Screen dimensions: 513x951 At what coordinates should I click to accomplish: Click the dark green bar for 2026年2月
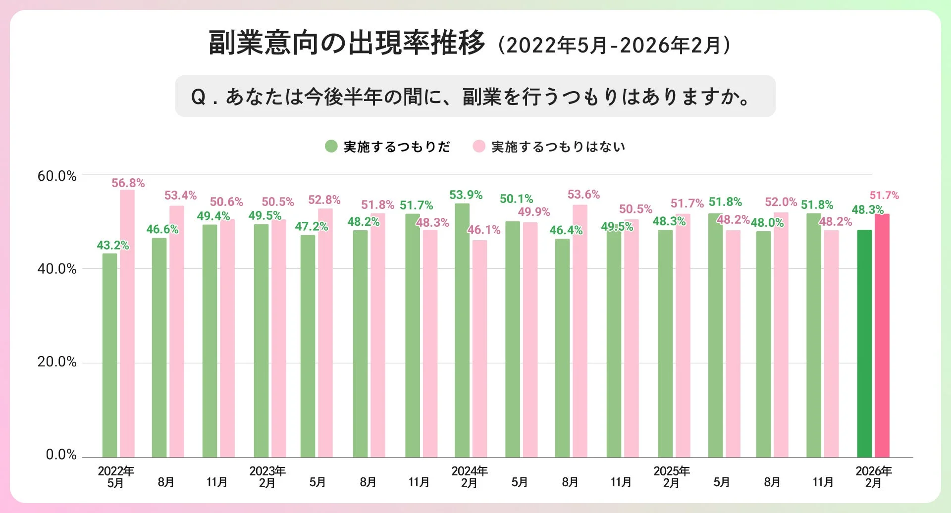click(864, 344)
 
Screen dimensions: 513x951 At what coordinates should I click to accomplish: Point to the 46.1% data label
click(484, 230)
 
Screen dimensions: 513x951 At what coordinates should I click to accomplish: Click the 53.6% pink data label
click(583, 195)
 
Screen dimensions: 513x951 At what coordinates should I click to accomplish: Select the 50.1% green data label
click(516, 199)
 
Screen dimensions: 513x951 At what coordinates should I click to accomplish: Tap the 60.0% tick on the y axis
click(57, 176)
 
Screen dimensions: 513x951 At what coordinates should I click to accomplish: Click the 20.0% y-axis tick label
click(57, 362)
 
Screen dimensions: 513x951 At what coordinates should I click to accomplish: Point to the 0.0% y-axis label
click(61, 455)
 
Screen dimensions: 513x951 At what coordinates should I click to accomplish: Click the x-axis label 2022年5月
click(116, 477)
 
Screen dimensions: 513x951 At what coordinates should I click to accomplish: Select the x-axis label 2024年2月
click(469, 477)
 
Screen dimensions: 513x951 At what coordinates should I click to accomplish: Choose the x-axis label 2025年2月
click(671, 477)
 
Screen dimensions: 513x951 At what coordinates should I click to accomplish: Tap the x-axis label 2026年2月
click(873, 477)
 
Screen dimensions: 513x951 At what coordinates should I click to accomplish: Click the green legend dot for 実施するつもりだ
click(331, 147)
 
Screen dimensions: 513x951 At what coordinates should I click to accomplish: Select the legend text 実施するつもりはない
click(558, 147)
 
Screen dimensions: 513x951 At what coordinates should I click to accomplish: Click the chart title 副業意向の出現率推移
click(347, 43)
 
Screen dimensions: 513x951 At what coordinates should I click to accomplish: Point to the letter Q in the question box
click(198, 97)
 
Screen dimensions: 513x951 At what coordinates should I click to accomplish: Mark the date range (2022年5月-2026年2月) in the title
click(614, 46)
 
